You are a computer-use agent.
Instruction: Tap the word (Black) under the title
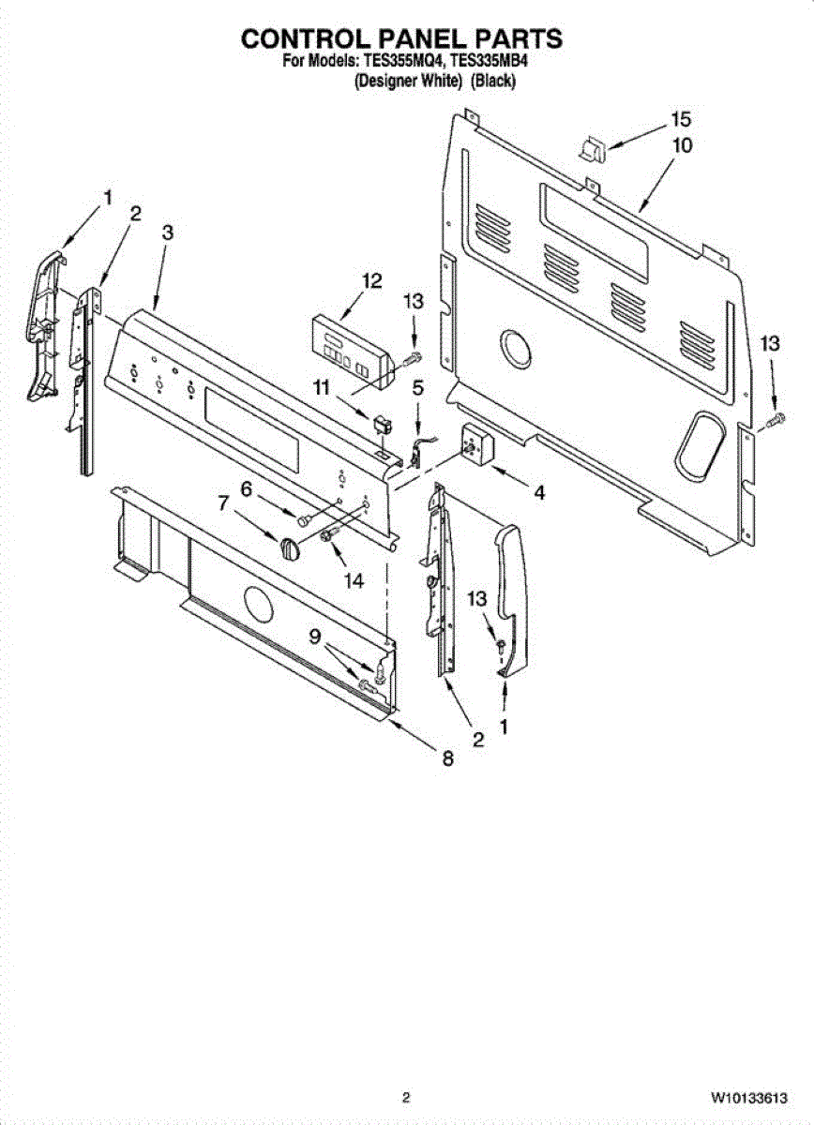(x=493, y=82)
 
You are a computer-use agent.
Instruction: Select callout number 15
(x=680, y=120)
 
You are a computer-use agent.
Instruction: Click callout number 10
(x=682, y=145)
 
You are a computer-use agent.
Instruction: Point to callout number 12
(x=372, y=280)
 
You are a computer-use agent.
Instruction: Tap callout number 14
(x=353, y=580)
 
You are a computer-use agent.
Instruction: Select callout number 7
(x=223, y=503)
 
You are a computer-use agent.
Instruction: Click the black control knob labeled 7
(x=290, y=547)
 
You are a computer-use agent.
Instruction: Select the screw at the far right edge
(x=776, y=420)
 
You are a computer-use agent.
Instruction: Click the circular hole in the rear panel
(x=514, y=349)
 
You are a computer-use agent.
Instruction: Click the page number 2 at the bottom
(x=406, y=1098)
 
